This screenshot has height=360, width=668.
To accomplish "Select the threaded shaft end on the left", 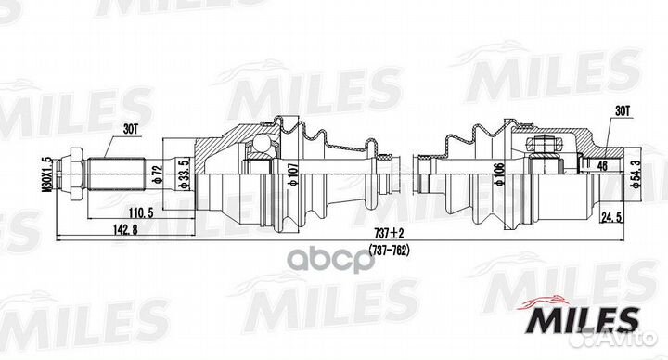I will pyautogui.click(x=111, y=174).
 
